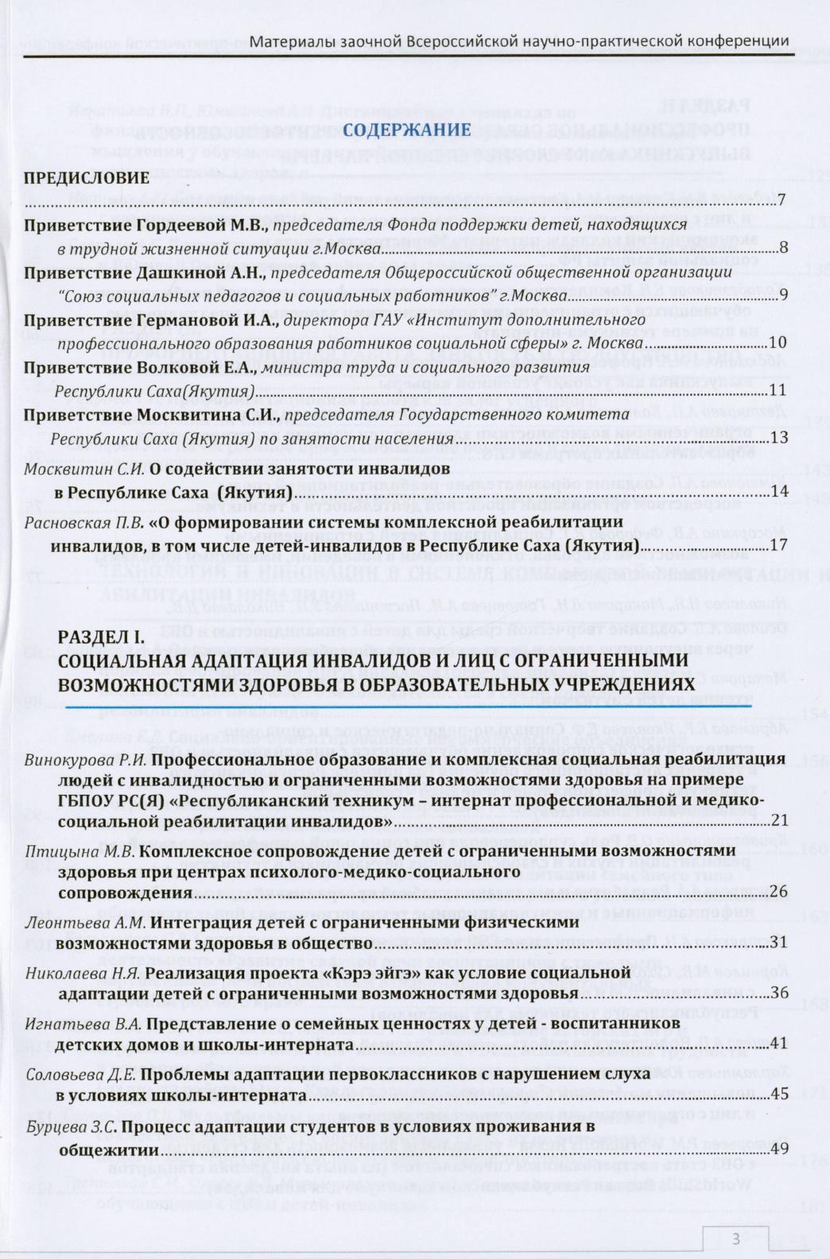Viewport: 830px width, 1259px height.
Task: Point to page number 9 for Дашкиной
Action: [x=782, y=296]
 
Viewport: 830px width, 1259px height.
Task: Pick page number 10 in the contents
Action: [x=778, y=343]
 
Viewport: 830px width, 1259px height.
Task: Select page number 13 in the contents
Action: [x=778, y=439]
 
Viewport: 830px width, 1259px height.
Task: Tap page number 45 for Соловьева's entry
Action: [x=778, y=1095]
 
